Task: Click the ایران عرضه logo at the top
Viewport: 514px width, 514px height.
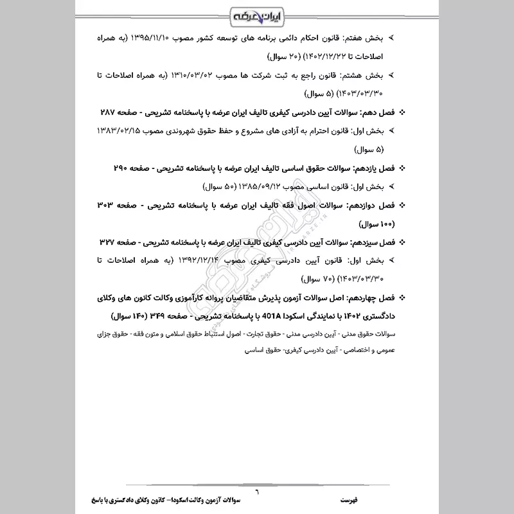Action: (256, 13)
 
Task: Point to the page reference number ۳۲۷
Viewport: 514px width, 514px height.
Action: (111, 243)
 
